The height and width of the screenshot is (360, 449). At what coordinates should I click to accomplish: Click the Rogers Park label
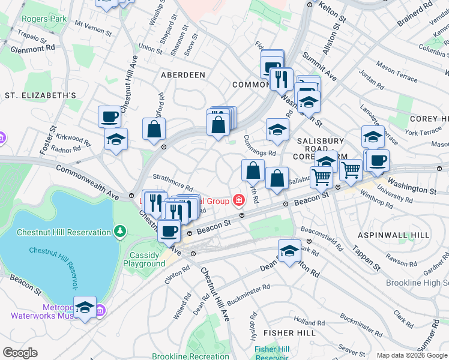click(44, 19)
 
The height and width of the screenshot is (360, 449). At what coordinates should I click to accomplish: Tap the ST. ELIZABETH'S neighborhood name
click(40, 95)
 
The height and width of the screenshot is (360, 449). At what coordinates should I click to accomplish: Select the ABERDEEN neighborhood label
click(183, 75)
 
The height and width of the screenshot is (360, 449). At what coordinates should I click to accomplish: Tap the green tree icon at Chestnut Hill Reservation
click(121, 230)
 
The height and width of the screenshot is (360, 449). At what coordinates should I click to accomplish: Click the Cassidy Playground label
click(144, 259)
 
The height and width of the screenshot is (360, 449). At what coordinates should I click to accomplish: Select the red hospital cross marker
click(239, 199)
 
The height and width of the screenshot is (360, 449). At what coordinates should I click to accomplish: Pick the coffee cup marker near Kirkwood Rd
click(110, 116)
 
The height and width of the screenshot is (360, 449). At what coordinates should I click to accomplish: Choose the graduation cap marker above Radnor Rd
click(116, 139)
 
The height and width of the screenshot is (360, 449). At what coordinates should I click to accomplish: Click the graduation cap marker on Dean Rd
click(289, 251)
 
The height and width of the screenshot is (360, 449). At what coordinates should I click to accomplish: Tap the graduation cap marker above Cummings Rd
click(277, 130)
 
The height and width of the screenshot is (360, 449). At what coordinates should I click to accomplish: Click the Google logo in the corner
click(20, 353)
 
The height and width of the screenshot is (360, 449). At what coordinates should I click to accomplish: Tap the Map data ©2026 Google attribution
click(412, 355)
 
